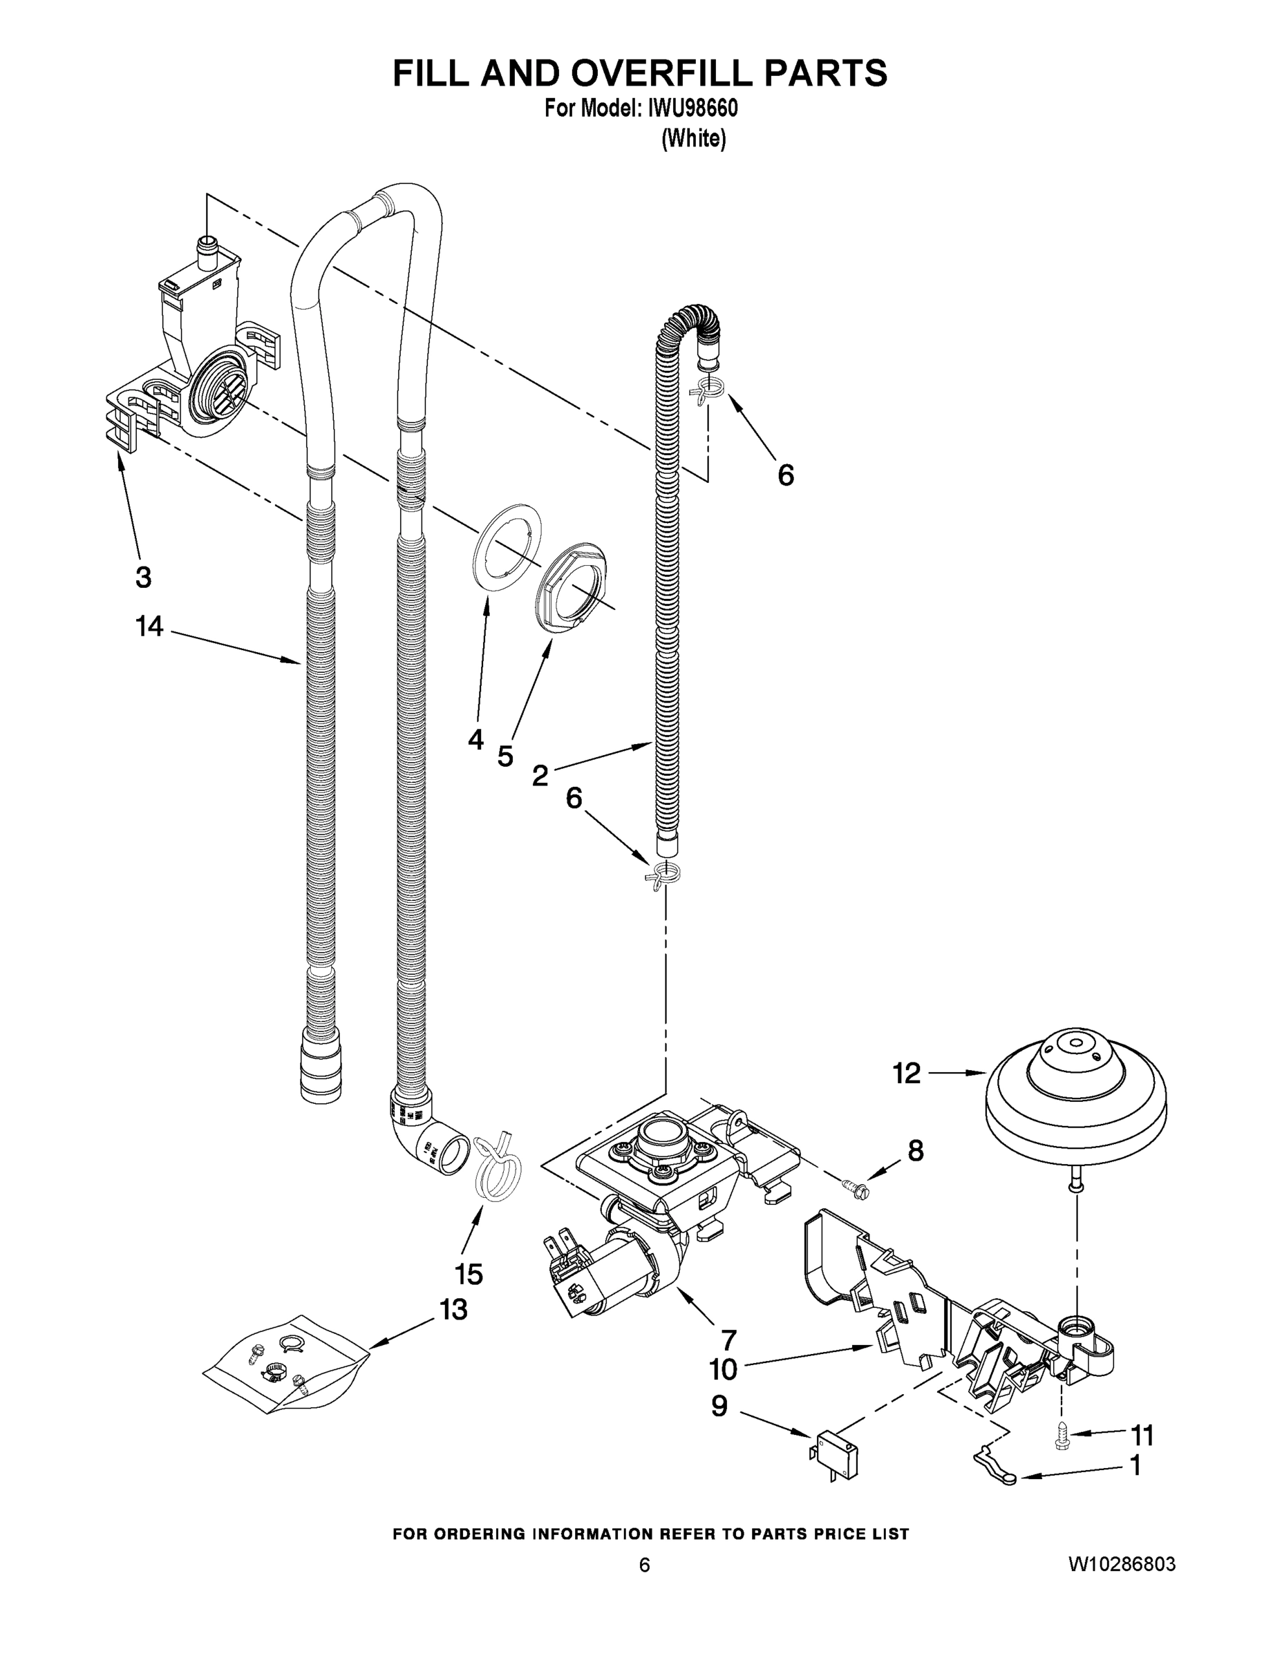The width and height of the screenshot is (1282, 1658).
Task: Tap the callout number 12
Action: click(906, 1074)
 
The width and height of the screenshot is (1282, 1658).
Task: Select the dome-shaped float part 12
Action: click(1075, 1093)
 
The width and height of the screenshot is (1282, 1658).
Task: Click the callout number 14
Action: click(149, 627)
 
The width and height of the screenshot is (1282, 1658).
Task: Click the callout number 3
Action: click(143, 578)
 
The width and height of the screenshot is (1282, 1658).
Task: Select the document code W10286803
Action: click(1122, 1586)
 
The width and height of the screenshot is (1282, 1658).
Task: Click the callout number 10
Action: click(723, 1371)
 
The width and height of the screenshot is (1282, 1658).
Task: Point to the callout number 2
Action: click(540, 776)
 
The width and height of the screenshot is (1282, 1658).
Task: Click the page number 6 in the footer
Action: click(644, 1586)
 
